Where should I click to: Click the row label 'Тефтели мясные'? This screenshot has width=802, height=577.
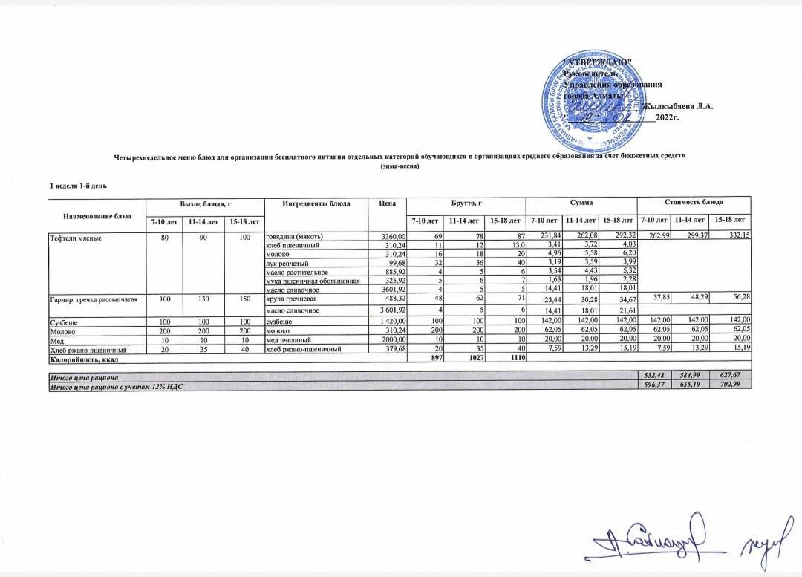tap(74, 237)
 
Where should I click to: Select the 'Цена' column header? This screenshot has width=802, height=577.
tap(386, 203)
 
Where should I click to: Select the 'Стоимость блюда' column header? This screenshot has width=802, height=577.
tap(693, 202)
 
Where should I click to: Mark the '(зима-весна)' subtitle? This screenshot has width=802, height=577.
tap(400, 166)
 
